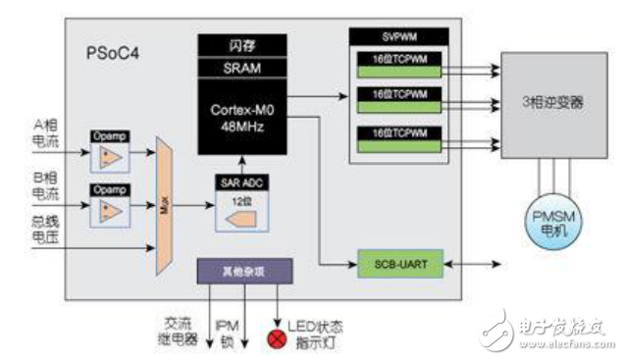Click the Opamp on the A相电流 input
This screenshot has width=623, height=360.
click(110, 153)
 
